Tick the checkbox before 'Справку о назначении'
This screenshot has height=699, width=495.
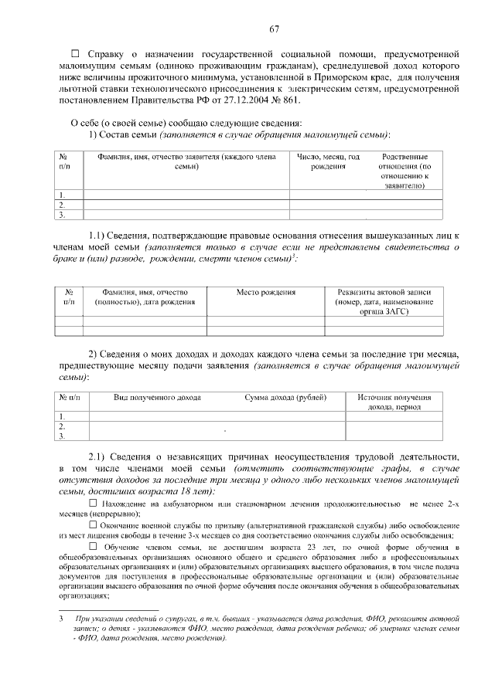point(75,54)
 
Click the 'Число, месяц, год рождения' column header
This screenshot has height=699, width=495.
point(329,161)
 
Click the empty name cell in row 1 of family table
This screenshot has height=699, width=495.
point(186,194)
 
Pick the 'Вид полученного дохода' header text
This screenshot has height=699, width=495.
point(158,397)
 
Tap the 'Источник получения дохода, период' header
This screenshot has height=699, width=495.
point(394,402)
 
